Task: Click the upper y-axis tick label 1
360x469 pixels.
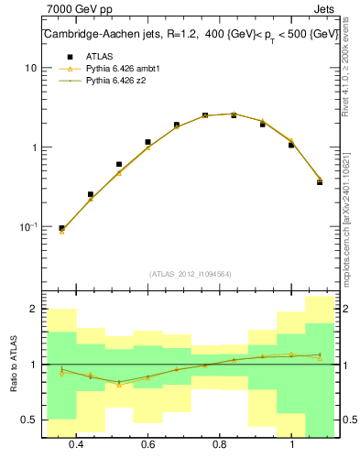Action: (x=34, y=147)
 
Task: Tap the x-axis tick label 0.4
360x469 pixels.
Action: (x=75, y=445)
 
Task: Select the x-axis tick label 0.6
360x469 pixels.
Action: (x=147, y=445)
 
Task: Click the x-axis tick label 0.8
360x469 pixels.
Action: (x=220, y=445)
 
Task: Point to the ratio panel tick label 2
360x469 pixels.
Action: (x=33, y=310)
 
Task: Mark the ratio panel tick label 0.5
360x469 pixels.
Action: (x=29, y=420)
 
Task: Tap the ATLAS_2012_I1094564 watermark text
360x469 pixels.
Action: (x=190, y=273)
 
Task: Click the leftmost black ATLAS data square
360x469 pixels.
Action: (x=61, y=228)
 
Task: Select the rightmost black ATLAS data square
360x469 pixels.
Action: (x=320, y=181)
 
